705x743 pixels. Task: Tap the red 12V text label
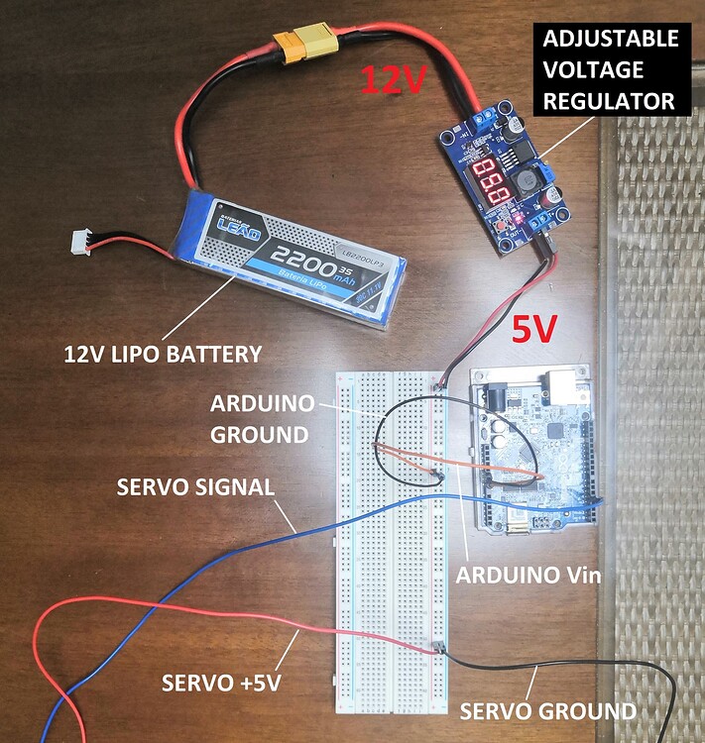point(393,80)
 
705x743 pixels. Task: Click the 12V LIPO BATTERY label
point(164,353)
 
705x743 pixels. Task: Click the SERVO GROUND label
point(548,710)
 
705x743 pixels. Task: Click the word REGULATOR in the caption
point(624,101)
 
